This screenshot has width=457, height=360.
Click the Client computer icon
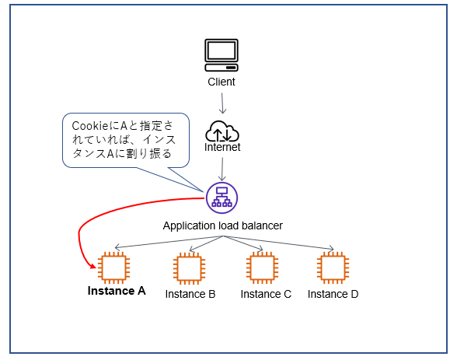point(222,55)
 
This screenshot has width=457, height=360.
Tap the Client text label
point(222,82)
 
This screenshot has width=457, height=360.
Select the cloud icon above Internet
point(222,131)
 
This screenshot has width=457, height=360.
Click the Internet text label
point(222,147)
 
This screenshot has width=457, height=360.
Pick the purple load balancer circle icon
point(222,198)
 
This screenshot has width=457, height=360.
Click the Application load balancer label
point(222,225)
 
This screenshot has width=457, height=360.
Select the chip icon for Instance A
point(113,267)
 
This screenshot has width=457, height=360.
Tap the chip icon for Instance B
point(189,268)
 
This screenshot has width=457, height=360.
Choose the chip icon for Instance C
point(262,268)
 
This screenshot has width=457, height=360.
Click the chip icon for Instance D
point(333,268)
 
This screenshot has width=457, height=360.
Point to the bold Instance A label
point(117,291)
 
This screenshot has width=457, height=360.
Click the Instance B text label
point(190,294)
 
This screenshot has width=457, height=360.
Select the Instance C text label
point(266,294)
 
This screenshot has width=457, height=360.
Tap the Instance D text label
point(333,294)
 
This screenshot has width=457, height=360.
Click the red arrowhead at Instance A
point(93,266)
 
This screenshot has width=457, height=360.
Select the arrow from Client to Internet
point(222,103)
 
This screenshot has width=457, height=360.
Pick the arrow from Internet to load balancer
point(222,170)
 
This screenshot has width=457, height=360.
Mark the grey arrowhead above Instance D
point(331,248)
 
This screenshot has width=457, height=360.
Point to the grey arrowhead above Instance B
point(193,249)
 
